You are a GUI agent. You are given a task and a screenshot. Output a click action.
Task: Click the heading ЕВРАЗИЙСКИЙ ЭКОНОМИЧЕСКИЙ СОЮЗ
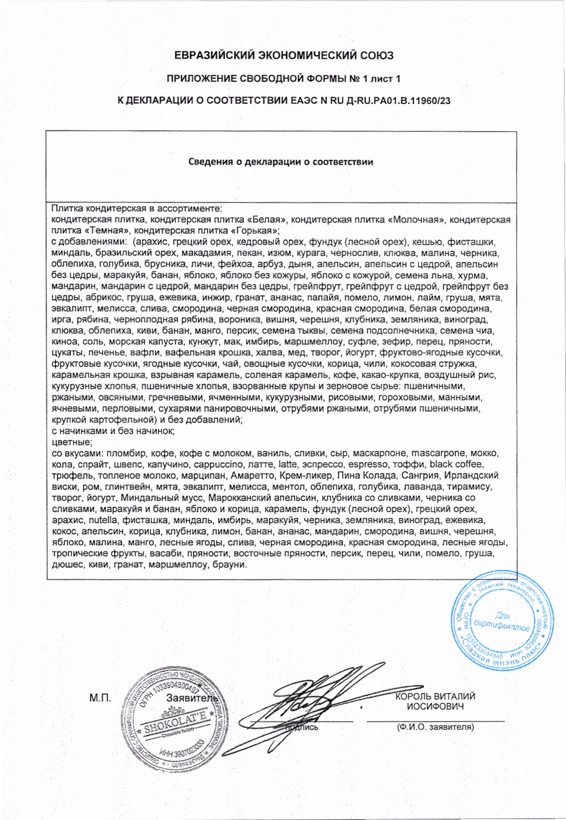click(x=284, y=56)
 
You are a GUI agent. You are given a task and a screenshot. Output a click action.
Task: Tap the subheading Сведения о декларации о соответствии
click(x=280, y=162)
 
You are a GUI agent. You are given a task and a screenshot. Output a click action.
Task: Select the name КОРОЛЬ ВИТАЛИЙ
click(x=435, y=696)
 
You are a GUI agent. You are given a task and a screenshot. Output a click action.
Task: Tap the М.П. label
click(x=100, y=698)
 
